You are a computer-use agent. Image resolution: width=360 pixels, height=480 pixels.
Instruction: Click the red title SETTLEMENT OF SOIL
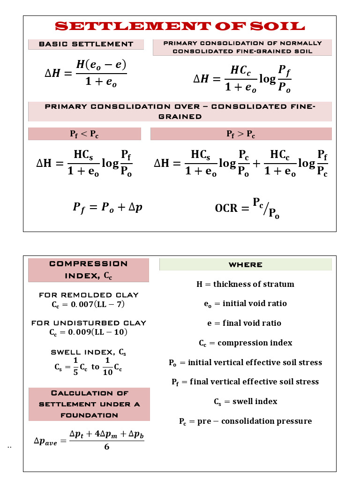(180, 26)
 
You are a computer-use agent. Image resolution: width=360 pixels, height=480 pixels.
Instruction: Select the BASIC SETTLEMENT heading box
(86, 44)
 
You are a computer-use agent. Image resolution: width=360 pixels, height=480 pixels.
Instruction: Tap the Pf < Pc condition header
(84, 134)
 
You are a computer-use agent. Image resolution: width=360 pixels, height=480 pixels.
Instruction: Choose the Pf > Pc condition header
(240, 134)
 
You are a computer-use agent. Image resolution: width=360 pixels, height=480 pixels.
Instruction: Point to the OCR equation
(247, 208)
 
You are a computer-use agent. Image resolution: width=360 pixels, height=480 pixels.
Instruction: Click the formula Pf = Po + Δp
(107, 207)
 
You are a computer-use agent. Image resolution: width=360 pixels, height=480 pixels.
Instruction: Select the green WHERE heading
(245, 264)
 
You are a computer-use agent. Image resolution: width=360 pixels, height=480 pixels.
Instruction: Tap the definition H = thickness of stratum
(245, 284)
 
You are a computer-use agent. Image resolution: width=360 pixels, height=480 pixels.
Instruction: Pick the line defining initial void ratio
(245, 304)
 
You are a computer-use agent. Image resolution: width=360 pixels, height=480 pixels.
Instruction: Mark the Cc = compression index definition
(245, 343)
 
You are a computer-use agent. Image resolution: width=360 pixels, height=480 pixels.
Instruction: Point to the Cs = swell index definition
(245, 402)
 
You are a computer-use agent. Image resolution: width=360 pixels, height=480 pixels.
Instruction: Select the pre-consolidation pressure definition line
(245, 421)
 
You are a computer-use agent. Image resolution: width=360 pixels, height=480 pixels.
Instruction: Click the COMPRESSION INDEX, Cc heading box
(89, 270)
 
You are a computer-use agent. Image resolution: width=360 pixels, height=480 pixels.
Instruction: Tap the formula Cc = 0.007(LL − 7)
(88, 305)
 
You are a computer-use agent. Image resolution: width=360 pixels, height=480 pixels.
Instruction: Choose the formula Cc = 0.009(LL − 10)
(88, 332)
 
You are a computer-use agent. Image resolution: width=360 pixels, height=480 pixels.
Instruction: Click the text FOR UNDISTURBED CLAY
(89, 323)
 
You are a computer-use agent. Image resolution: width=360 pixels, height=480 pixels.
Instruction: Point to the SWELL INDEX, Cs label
(88, 352)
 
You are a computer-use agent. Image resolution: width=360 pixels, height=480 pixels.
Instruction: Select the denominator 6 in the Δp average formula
(106, 447)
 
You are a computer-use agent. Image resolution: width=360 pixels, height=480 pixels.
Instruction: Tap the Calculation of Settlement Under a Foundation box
(89, 404)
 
